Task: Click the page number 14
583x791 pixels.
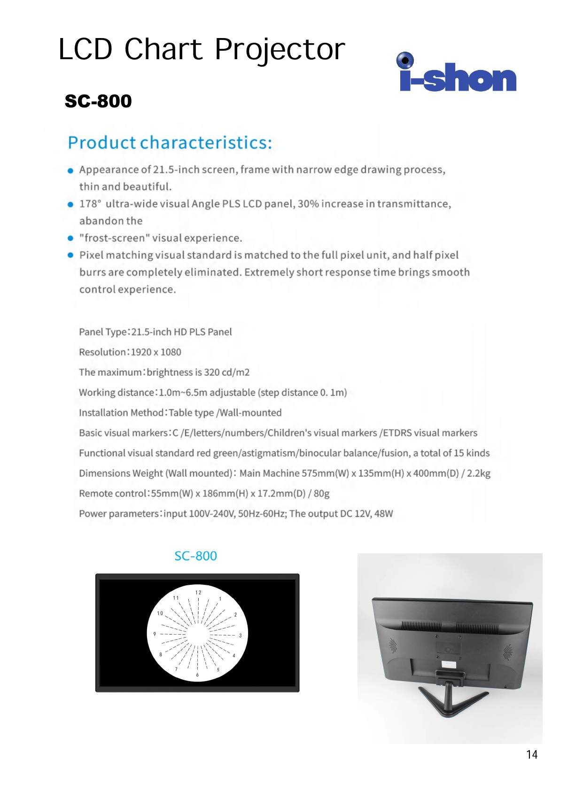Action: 532,754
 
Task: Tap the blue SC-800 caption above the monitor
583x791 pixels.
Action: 195,556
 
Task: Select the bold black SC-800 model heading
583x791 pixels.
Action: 98,101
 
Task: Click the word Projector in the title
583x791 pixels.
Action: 280,50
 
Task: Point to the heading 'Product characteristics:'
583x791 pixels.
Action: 170,143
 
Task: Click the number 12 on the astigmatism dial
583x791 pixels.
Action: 198,592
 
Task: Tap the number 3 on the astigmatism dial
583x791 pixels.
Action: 240,636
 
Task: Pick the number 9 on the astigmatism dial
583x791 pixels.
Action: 155,634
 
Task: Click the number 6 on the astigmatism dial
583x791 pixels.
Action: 197,675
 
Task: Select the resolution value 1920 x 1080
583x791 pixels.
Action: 156,352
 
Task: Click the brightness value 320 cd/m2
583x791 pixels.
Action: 226,372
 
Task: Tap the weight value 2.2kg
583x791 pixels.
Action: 479,473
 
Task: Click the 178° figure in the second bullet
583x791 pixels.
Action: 90,204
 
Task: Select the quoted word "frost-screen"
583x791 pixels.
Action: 115,238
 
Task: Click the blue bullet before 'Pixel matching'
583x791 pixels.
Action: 70,255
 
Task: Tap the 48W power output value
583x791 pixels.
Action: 383,514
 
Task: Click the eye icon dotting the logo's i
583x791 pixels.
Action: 405,61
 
